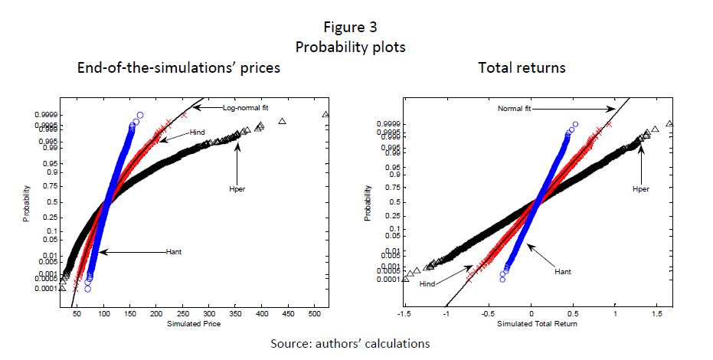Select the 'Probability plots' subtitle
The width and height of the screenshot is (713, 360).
point(350,47)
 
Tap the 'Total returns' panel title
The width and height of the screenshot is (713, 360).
point(522,67)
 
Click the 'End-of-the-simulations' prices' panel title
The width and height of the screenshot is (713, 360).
point(178,67)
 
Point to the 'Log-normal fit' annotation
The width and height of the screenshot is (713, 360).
point(245,107)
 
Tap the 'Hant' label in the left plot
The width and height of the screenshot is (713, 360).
point(175,251)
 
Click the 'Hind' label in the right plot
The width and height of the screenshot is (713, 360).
point(428,284)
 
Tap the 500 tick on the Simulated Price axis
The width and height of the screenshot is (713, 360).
point(315,315)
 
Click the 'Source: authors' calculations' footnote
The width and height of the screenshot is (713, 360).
point(349,344)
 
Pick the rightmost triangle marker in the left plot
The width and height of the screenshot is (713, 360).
point(325,115)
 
